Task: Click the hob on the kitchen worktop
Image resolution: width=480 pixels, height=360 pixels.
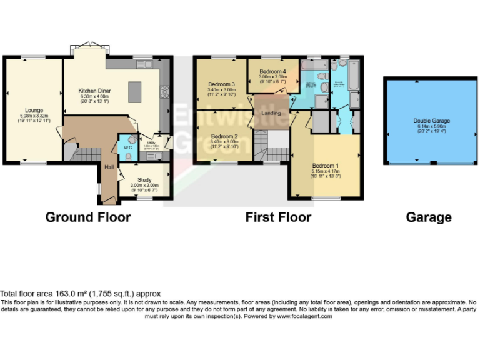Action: point(165,92)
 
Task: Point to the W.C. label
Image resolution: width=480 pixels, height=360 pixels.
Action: point(127,148)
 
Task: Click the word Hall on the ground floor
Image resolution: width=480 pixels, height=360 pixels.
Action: point(109,167)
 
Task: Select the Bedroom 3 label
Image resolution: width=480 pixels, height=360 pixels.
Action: point(221,84)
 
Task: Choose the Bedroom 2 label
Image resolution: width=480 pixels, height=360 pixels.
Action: point(224,136)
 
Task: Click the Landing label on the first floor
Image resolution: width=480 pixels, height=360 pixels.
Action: point(271,113)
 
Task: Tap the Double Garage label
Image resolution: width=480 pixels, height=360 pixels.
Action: point(431,121)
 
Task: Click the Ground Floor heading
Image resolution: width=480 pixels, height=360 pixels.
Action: point(88,217)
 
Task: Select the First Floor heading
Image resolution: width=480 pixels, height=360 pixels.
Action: point(278,217)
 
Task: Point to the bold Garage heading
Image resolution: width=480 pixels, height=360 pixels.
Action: point(429,217)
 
